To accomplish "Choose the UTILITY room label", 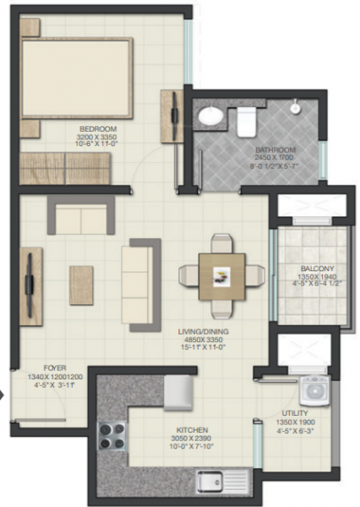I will pyautogui.click(x=295, y=414).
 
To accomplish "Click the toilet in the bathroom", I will pyautogui.click(x=247, y=121).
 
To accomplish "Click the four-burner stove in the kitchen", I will pyautogui.click(x=112, y=437).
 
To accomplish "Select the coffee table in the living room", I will pyautogui.click(x=81, y=280).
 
